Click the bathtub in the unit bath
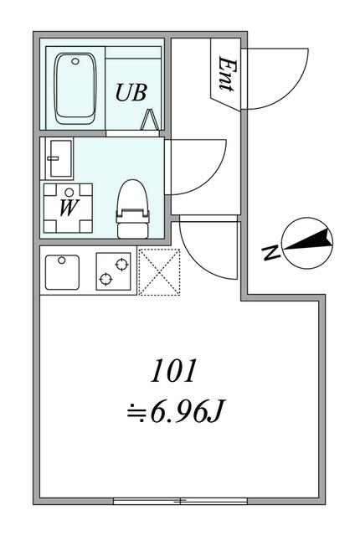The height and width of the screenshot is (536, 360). point(75,88)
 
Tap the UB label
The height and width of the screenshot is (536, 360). point(131,92)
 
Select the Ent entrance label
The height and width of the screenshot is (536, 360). point(227,74)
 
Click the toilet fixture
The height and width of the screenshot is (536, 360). point(133,209)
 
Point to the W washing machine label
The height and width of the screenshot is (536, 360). point(69,208)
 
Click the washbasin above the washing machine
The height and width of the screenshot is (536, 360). point(61,158)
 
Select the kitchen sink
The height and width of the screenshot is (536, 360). point(62,272)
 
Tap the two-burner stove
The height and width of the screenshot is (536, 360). point(113,271)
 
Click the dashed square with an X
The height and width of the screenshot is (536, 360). point(159,271)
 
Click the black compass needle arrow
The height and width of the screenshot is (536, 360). point(308,240)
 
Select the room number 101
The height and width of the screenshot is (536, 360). point(173,370)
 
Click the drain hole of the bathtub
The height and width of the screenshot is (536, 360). point(75,61)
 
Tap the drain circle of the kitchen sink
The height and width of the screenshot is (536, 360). point(61,260)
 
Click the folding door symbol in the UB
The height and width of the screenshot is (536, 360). point(150,120)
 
